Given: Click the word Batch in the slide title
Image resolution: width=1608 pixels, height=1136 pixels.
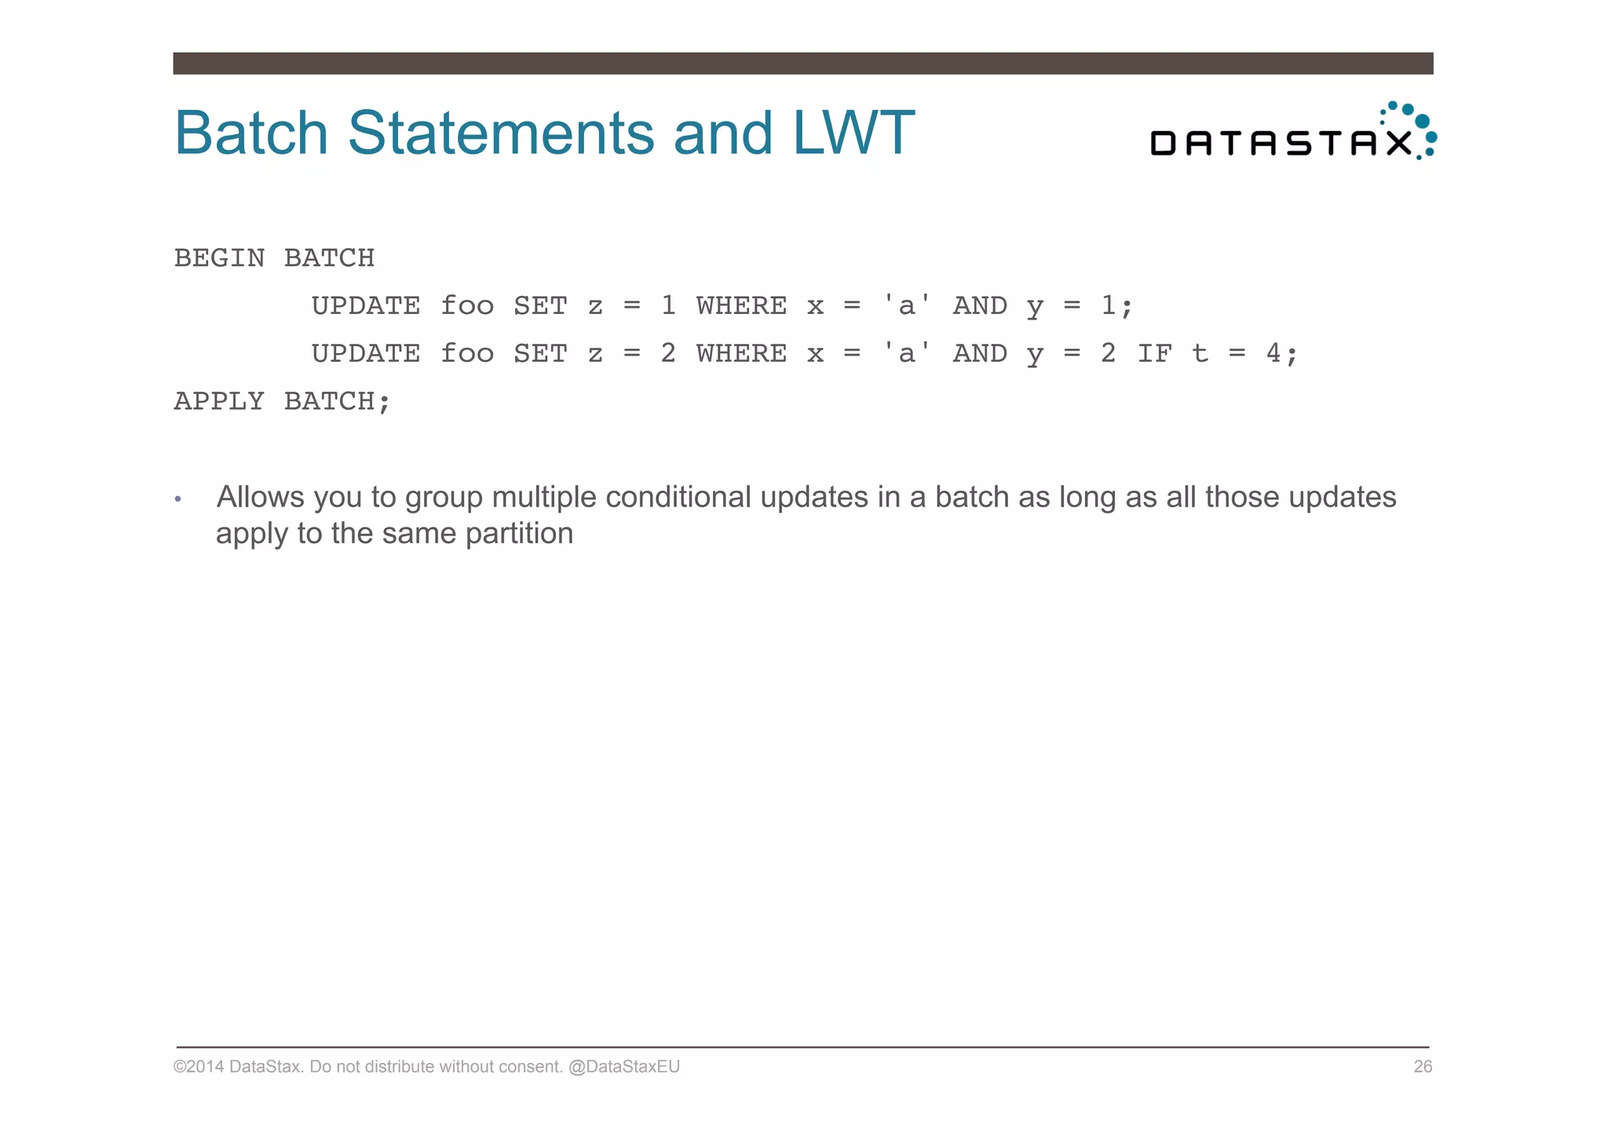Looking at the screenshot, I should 250,133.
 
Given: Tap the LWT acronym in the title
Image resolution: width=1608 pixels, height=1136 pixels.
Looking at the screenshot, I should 853,133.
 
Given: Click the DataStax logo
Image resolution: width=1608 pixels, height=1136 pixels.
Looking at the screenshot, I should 1292,133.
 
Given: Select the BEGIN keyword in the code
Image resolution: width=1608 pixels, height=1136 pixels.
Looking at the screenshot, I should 219,258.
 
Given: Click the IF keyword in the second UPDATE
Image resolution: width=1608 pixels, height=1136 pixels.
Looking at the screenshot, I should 1154,354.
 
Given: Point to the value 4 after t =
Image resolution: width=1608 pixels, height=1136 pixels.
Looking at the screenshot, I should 1274,354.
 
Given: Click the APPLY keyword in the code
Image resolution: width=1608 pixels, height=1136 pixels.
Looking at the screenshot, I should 219,402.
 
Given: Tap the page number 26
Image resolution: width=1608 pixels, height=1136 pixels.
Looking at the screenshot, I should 1423,1067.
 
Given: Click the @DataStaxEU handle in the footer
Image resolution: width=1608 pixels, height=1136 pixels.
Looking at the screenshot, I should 623,1067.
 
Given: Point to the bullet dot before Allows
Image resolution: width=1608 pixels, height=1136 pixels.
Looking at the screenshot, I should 178,499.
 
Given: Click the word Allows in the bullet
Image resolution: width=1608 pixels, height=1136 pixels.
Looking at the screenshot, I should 260,498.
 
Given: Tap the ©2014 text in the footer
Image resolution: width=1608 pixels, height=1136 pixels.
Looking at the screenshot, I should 199,1067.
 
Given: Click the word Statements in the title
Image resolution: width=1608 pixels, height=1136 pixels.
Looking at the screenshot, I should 500,133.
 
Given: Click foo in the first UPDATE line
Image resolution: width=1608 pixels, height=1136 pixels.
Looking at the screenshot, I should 467,306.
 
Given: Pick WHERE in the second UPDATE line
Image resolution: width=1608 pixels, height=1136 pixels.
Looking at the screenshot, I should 741,354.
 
